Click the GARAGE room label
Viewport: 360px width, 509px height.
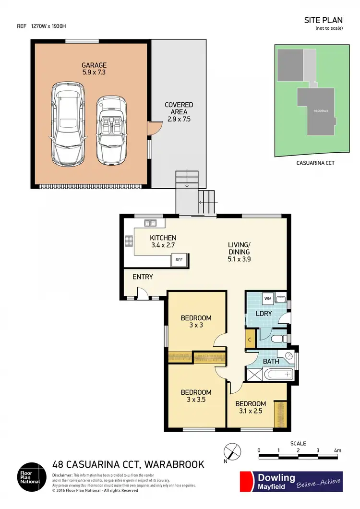pyautogui.click(x=94, y=65)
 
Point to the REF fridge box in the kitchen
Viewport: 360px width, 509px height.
pyautogui.click(x=179, y=260)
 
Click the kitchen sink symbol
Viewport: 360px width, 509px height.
pyautogui.click(x=150, y=223)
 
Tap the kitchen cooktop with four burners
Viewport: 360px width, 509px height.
pyautogui.click(x=129, y=241)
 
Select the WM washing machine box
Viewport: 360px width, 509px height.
pyautogui.click(x=268, y=298)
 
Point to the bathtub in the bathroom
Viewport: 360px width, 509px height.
pyautogui.click(x=275, y=374)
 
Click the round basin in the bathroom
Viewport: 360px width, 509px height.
pyautogui.click(x=288, y=356)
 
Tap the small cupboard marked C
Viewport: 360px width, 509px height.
pyautogui.click(x=250, y=338)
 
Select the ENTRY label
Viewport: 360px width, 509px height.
pyautogui.click(x=143, y=277)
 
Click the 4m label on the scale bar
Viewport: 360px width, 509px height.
pyautogui.click(x=337, y=450)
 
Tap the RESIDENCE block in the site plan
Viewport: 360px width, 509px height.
pyautogui.click(x=321, y=111)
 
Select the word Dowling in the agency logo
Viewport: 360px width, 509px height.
pyautogui.click(x=277, y=477)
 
